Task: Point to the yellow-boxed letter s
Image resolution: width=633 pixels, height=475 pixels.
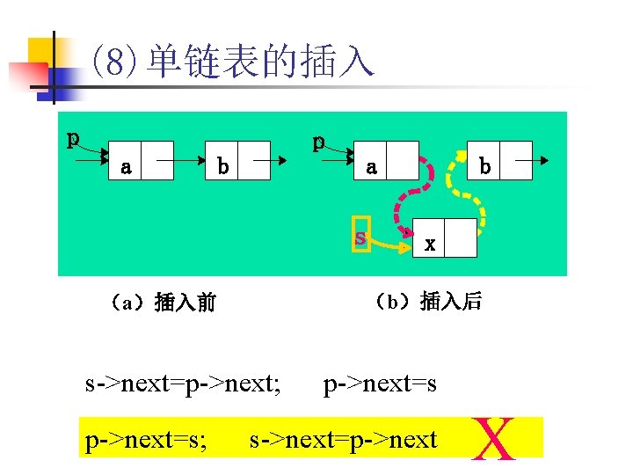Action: point(360,237)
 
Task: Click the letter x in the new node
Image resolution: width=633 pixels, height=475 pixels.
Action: point(429,245)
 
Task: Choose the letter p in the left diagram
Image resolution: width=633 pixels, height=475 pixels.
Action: point(75,139)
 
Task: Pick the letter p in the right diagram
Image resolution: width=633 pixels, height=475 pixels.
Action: point(319,141)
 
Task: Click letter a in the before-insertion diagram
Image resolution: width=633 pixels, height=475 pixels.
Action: point(127,165)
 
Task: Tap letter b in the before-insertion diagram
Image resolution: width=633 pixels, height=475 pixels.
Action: point(223,165)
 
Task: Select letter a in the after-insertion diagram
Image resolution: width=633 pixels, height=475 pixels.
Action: point(371,165)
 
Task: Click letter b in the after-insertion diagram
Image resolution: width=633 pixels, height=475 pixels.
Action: point(484,165)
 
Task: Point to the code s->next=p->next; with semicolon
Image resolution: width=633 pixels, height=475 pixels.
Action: point(183,384)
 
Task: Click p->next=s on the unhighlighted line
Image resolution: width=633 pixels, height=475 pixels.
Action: point(380,384)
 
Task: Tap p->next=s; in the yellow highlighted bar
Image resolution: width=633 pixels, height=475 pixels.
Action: point(146,439)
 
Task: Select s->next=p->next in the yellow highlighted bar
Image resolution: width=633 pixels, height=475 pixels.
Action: point(343,439)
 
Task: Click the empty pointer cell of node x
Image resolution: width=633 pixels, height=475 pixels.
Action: point(461,237)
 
